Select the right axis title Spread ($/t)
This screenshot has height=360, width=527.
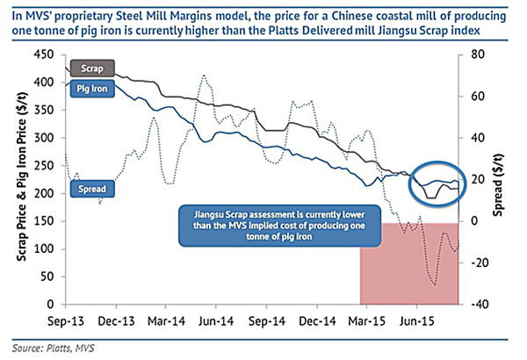pyautogui.click(x=507, y=179)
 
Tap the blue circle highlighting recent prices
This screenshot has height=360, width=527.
pyautogui.click(x=437, y=183)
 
